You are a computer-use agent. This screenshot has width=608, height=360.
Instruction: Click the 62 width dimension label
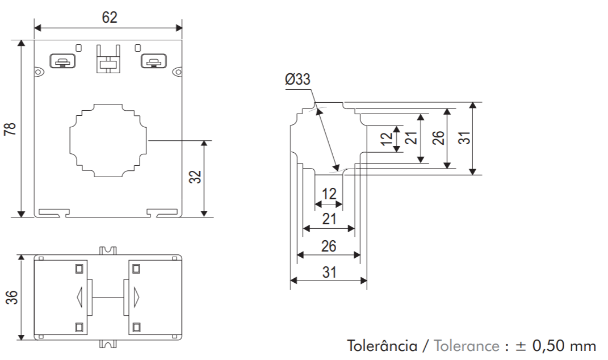click(110, 17)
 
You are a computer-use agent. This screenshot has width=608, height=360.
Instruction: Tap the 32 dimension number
click(195, 177)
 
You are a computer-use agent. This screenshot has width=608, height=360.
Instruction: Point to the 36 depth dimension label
click(11, 297)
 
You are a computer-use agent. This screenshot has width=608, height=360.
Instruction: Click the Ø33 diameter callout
click(297, 79)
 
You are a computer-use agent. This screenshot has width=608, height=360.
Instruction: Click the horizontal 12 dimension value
click(329, 194)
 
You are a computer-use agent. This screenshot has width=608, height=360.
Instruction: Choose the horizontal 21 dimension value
click(329, 219)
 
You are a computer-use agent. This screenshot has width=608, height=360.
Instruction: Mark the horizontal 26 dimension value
click(329, 246)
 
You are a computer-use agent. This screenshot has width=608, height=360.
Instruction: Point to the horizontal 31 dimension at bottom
click(329, 272)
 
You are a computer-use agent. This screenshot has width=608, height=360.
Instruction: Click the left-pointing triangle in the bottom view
click(79, 296)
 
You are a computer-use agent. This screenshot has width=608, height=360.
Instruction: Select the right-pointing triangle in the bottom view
click(137, 296)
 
